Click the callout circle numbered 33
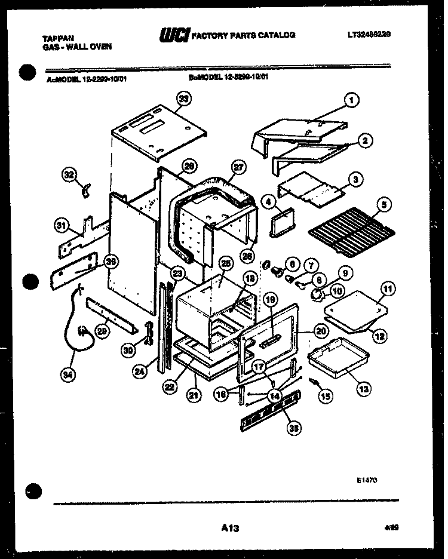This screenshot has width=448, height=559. [x=185, y=99]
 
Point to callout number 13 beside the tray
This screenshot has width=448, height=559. [x=363, y=388]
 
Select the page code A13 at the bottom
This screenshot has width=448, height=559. [x=229, y=527]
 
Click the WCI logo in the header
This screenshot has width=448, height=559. [x=173, y=36]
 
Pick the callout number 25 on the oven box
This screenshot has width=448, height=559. [x=225, y=263]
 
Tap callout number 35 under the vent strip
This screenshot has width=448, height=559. [x=293, y=427]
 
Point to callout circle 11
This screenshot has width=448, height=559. [x=388, y=290]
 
